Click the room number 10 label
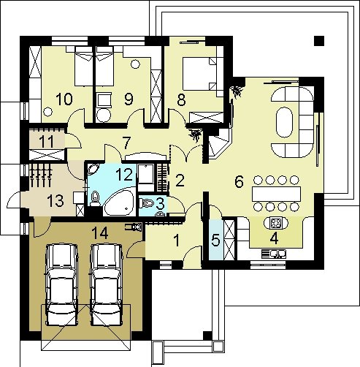click(x=64, y=99)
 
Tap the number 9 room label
click(x=129, y=99)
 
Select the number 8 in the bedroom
click(x=181, y=99)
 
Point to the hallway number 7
click(x=126, y=143)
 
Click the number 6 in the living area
click(x=239, y=181)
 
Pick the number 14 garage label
click(x=100, y=233)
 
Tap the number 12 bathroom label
click(x=124, y=174)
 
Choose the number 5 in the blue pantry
click(x=215, y=240)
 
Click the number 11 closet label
click(x=46, y=142)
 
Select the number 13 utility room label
click(x=55, y=201)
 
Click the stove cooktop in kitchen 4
click(x=276, y=223)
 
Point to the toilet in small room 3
click(x=147, y=203)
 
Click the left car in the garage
click(x=62, y=284)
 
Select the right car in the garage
click(x=107, y=284)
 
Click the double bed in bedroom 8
click(x=199, y=73)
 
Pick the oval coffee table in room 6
click(x=284, y=122)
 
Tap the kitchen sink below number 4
click(x=274, y=254)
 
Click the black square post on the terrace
click(x=319, y=41)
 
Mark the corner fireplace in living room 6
click(x=219, y=144)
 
